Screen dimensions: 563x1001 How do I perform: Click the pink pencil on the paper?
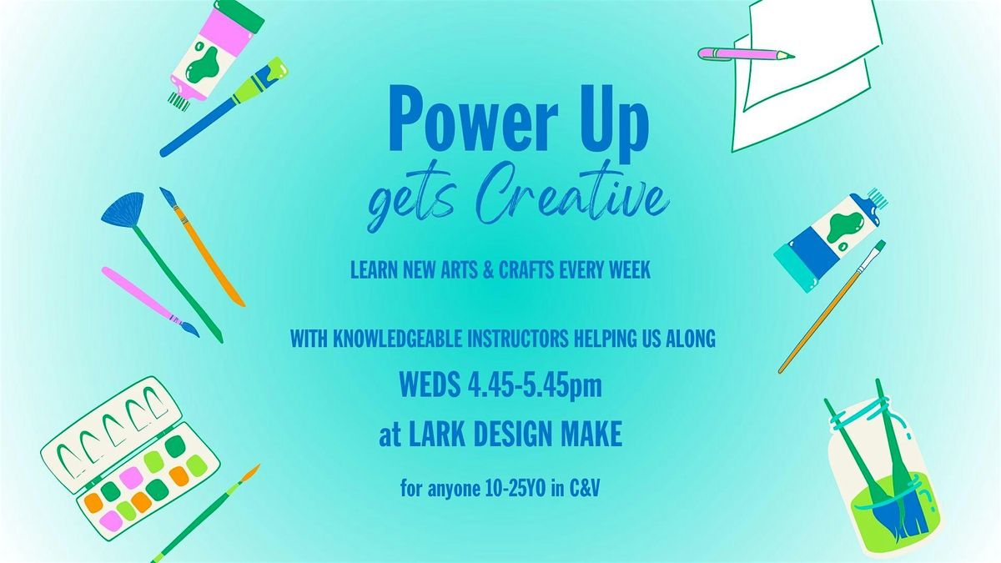pos(745,54)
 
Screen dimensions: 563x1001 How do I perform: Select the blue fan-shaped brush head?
pos(123,209)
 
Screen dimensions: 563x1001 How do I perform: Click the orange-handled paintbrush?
pos(203,246)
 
